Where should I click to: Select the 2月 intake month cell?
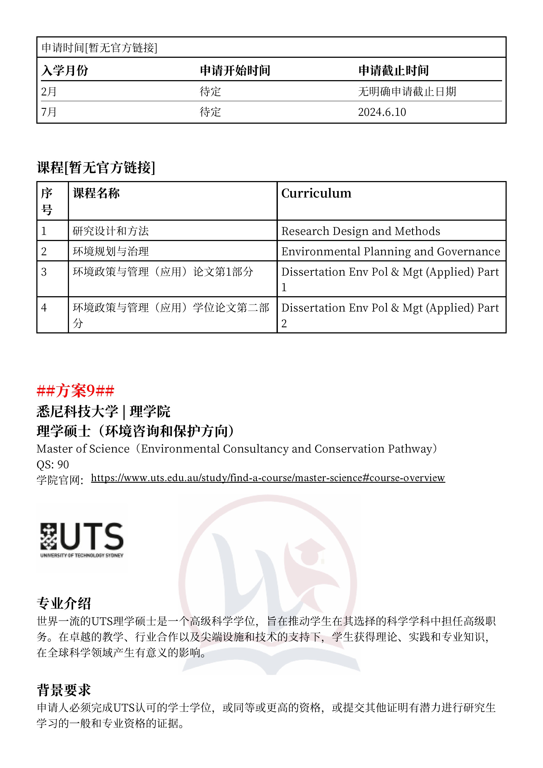click(x=49, y=91)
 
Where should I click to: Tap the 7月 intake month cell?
click(x=49, y=112)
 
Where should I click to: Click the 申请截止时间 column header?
click(x=393, y=70)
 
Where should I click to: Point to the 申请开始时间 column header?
click(x=235, y=70)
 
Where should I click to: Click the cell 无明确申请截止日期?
click(x=407, y=91)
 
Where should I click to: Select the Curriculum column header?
click(x=316, y=193)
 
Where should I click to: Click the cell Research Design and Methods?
click(x=360, y=231)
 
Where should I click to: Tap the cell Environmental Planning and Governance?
click(x=390, y=252)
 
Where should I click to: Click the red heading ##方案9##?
click(x=76, y=390)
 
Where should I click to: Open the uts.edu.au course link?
click(x=268, y=478)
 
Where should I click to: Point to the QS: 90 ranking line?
click(x=53, y=464)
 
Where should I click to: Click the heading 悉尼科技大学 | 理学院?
click(x=103, y=411)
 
